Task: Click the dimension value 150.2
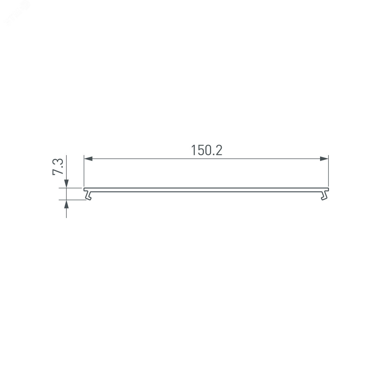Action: click(x=207, y=150)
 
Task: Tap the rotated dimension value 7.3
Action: click(x=58, y=166)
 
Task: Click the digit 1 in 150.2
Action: click(x=194, y=150)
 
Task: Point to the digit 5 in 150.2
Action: click(x=200, y=150)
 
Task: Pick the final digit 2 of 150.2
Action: click(x=219, y=150)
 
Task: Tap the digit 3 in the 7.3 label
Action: click(x=58, y=162)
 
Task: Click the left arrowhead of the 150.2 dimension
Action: click(x=88, y=159)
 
